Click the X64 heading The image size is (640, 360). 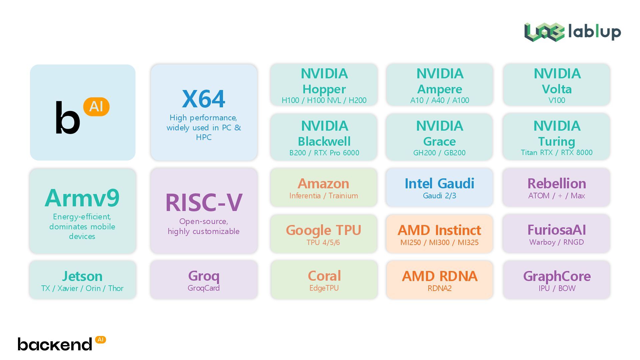[x=203, y=99]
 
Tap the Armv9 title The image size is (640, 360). [x=82, y=198]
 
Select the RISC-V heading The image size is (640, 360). [x=204, y=203]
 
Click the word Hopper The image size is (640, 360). [x=324, y=89]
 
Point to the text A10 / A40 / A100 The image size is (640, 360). [x=440, y=100]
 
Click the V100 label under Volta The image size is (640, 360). [x=557, y=100]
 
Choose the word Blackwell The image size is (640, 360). [x=324, y=142]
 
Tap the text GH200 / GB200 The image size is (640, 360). [x=439, y=153]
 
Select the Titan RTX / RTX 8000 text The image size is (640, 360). [x=557, y=152]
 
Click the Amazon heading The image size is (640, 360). [x=323, y=184]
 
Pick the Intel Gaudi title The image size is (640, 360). [x=439, y=184]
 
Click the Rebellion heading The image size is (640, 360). [x=557, y=184]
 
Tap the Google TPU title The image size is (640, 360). [x=323, y=230]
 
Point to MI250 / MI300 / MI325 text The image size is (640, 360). [x=439, y=242]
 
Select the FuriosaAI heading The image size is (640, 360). [x=557, y=230]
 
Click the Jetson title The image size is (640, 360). [x=82, y=276]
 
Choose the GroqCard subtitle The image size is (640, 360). [x=204, y=288]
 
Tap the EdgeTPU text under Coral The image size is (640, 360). [x=324, y=288]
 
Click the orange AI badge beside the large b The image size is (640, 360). [x=96, y=107]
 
